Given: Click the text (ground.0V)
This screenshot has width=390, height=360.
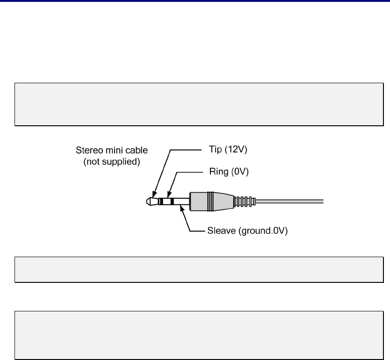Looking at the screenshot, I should [265, 230].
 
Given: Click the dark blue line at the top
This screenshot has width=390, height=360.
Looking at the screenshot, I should [195, 1].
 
